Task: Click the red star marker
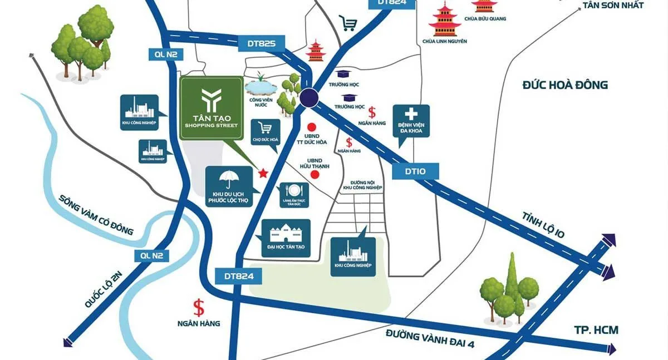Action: point(264,174)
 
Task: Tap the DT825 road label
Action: point(262,43)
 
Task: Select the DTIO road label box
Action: point(416,171)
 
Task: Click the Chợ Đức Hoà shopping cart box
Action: point(265,132)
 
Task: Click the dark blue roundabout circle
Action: point(310,98)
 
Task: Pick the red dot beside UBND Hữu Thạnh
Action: point(315,175)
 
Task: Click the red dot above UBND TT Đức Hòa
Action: point(312,127)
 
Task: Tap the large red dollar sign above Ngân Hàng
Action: point(198,307)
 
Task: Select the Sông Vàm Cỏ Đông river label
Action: point(97,214)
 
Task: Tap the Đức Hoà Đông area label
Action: point(565,85)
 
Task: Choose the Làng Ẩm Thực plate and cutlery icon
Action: point(291,191)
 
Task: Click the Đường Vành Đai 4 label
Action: point(430,338)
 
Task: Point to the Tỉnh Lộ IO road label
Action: point(543,225)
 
